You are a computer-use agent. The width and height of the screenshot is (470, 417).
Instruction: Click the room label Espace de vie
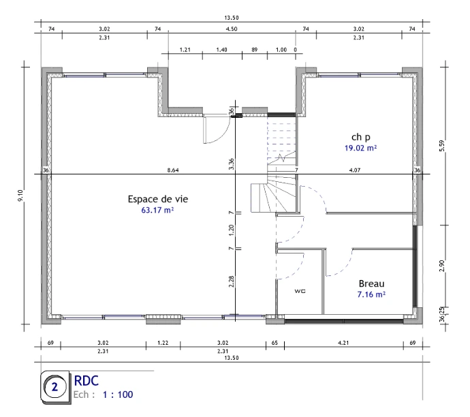pyautogui.click(x=158, y=199)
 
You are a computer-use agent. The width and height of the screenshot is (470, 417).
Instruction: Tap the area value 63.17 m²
pyautogui.click(x=157, y=210)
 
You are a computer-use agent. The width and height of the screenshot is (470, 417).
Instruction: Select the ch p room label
pyautogui.click(x=361, y=138)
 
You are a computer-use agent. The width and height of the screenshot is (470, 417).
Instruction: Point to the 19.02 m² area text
pyautogui.click(x=360, y=148)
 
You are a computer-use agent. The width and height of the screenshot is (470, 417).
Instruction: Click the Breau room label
pyautogui.click(x=371, y=283)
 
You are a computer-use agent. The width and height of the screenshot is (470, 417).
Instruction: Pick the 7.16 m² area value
pyautogui.click(x=371, y=294)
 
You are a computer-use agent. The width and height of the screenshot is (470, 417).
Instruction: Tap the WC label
pyautogui.click(x=300, y=291)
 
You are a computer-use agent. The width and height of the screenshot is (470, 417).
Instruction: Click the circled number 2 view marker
pyautogui.click(x=55, y=387)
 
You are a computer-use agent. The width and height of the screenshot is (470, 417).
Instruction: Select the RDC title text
pyautogui.click(x=87, y=381)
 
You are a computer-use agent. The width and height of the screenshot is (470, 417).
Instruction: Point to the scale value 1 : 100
pyautogui.click(x=118, y=395)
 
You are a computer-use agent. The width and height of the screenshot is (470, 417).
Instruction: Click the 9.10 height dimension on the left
pyautogui.click(x=20, y=196)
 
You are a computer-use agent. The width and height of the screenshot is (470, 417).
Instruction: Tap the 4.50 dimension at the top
pyautogui.click(x=232, y=29)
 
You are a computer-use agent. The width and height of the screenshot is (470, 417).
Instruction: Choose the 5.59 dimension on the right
pyautogui.click(x=442, y=146)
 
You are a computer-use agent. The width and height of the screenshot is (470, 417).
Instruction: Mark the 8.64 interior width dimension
pyautogui.click(x=173, y=170)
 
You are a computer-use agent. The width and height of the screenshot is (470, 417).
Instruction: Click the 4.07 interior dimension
pyautogui.click(x=355, y=170)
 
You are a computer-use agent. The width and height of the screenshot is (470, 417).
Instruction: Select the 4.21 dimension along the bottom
pyautogui.click(x=343, y=343)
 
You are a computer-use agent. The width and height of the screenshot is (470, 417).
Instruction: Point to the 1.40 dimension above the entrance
pyautogui.click(x=221, y=50)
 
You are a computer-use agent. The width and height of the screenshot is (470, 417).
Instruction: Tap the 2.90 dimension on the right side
pyautogui.click(x=442, y=266)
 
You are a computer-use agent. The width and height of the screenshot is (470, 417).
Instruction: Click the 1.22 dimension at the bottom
pyautogui.click(x=163, y=343)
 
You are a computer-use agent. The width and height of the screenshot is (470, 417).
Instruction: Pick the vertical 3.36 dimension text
pyautogui.click(x=232, y=164)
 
